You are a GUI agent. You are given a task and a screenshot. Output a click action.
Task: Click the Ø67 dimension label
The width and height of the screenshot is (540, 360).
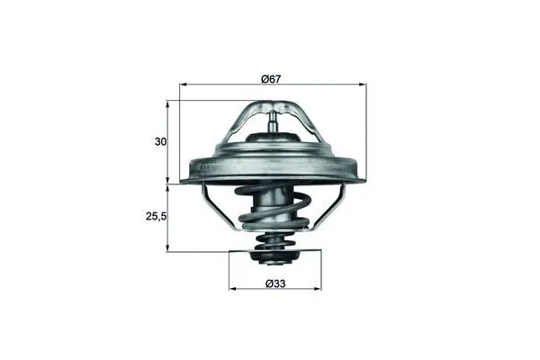(x=271, y=79)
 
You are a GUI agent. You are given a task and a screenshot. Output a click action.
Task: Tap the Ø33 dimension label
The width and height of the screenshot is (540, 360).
(x=276, y=284)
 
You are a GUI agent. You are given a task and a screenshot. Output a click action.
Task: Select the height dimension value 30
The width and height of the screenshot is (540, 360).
(x=159, y=142)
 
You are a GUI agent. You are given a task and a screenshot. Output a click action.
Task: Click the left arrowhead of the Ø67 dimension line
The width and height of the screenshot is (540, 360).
(x=184, y=86)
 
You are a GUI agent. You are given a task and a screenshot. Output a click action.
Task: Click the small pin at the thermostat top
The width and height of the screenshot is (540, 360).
(x=274, y=119)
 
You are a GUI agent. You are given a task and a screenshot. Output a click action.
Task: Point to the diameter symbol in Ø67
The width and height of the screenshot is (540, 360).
(x=265, y=79)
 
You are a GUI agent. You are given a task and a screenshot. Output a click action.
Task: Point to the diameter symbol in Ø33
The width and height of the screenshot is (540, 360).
(x=270, y=284)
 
